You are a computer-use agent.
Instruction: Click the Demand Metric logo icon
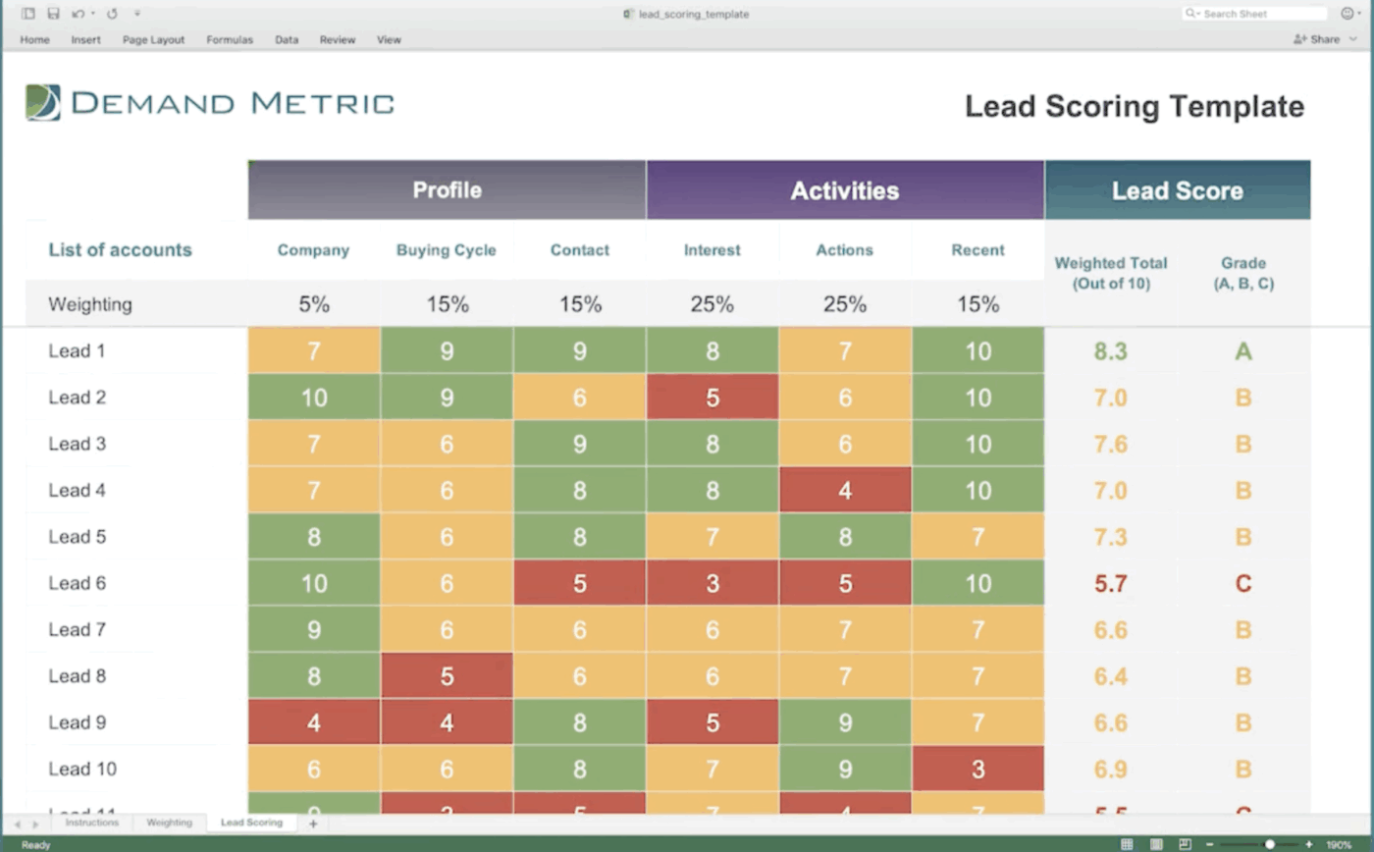43,103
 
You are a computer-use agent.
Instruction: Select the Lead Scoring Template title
1134,107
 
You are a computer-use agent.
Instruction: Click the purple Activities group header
844,190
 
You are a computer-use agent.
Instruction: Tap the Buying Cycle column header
447,250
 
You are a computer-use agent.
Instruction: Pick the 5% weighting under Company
314,305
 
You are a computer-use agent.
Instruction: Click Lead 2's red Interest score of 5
713,398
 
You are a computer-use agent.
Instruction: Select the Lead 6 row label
78,583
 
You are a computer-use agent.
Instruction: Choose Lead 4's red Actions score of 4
845,491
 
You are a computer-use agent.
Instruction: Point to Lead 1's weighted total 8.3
1110,351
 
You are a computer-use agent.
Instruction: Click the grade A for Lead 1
1242,351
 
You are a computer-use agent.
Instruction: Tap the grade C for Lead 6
1242,584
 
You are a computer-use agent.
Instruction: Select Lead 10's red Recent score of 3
978,770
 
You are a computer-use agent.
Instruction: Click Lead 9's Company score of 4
314,723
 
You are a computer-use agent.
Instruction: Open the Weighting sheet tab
169,823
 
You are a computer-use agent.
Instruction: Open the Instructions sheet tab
91,823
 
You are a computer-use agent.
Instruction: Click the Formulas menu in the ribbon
230,40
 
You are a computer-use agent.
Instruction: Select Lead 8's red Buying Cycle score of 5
447,676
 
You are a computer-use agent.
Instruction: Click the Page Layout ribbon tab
153,40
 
